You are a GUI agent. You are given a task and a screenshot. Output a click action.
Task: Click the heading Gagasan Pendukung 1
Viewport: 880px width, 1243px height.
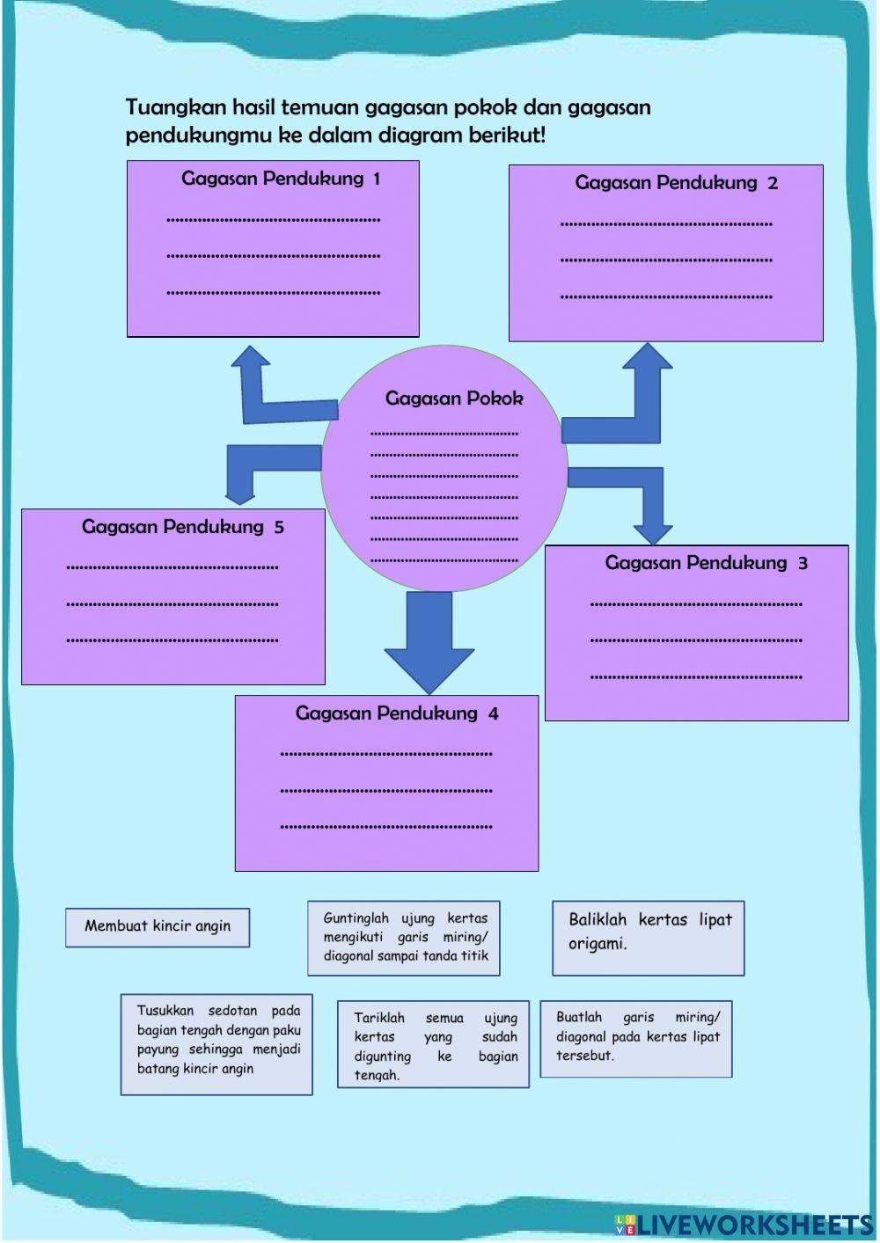281,179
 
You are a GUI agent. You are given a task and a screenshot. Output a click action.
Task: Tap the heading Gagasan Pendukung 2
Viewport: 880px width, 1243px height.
676,183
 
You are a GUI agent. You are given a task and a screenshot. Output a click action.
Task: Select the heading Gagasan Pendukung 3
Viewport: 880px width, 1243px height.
706,563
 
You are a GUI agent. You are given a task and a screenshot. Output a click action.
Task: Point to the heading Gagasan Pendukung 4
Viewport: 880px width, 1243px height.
396,713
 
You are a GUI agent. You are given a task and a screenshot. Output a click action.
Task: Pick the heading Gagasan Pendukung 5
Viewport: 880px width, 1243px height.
182,527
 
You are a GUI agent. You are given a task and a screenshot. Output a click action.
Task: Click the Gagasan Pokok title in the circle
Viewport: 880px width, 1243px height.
453,398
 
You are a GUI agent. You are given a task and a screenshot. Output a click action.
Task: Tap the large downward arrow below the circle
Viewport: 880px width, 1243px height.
429,642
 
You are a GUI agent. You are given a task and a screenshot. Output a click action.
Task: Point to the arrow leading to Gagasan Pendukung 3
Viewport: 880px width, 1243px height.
634,497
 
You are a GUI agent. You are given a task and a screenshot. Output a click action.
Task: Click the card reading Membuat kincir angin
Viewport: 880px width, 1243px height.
158,927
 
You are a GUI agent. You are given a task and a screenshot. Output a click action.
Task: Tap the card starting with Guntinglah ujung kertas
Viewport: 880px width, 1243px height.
404,938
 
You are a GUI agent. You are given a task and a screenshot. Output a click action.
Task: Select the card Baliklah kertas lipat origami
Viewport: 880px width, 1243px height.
649,938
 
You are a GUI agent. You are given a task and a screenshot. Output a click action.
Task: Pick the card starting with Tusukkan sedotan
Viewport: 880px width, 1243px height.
216,1044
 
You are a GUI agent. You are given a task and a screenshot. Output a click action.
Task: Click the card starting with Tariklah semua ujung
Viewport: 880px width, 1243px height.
433,1044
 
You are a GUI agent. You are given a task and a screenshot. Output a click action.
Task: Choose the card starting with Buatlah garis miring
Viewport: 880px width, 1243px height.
636,1039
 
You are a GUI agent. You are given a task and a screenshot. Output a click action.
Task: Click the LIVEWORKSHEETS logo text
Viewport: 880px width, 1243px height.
755,1225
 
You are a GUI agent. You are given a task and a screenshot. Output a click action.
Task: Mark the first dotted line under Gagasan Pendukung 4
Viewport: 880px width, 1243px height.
386,754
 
